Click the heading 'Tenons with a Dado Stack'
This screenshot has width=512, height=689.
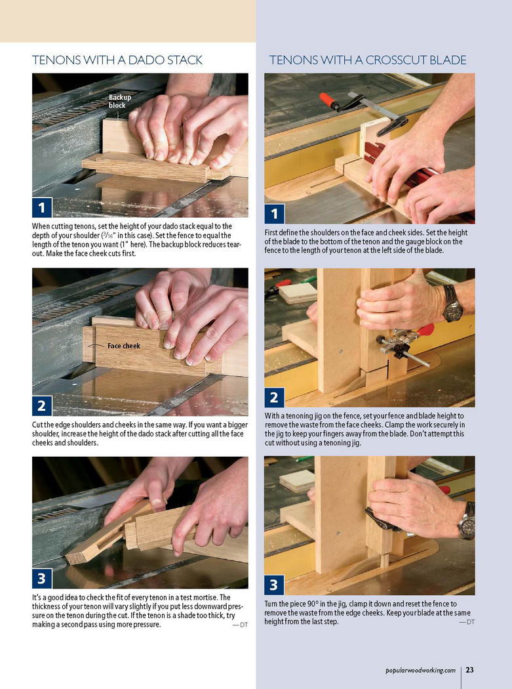117,60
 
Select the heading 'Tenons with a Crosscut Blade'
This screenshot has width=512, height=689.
368,60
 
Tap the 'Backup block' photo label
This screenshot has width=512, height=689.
120,101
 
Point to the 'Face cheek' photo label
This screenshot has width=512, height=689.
124,346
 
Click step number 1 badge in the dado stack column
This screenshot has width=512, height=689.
42,207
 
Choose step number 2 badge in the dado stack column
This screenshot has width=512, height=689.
42,406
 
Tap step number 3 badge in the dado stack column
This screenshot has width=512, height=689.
42,578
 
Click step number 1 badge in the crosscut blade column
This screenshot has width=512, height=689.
275,214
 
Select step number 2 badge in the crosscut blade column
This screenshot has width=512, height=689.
275,397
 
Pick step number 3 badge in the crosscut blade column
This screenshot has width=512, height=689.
275,585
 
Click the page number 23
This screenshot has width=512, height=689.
470,670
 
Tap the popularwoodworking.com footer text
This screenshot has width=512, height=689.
420,670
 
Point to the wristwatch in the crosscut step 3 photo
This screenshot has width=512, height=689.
467,522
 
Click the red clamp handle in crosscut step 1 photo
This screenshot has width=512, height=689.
328,100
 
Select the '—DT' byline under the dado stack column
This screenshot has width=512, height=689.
240,625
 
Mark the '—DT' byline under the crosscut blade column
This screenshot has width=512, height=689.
467,622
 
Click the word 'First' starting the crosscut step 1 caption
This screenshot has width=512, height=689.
271,232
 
